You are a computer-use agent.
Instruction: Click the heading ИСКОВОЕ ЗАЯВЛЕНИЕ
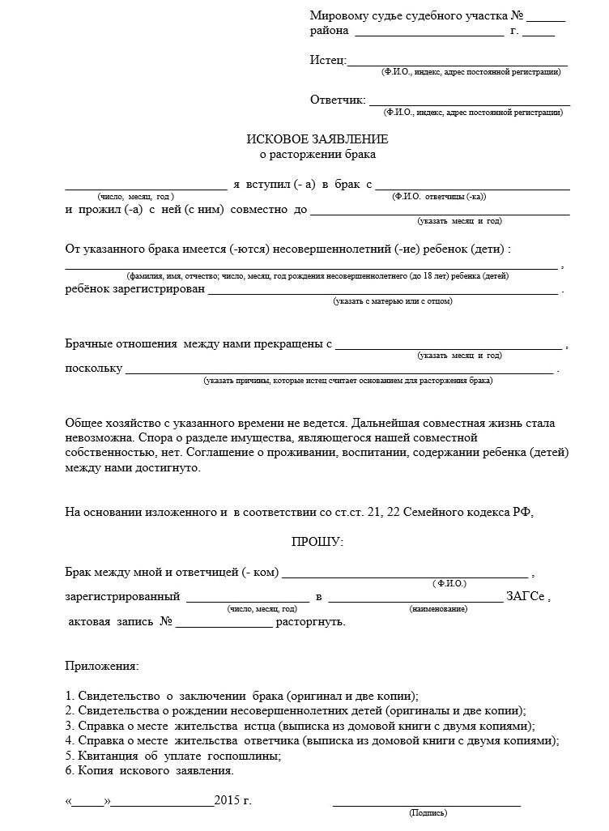(x=317, y=138)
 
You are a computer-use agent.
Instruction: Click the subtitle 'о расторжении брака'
(x=317, y=153)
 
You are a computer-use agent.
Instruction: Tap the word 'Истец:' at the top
(x=328, y=61)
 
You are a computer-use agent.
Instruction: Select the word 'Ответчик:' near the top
(x=338, y=100)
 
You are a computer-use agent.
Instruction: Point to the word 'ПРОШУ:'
(x=317, y=541)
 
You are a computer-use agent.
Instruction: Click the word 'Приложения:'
(x=101, y=666)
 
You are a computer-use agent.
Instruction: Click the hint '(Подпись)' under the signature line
(x=428, y=812)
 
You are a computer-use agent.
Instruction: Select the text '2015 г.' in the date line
(x=233, y=801)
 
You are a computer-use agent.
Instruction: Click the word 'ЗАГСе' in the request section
(x=526, y=598)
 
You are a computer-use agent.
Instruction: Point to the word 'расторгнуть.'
(x=311, y=622)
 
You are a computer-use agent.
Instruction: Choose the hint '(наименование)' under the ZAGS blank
(x=438, y=608)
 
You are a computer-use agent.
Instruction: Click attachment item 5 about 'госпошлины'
(x=173, y=755)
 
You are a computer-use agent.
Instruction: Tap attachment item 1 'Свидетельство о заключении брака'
(x=241, y=696)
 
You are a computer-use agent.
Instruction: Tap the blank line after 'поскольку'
(x=339, y=370)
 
